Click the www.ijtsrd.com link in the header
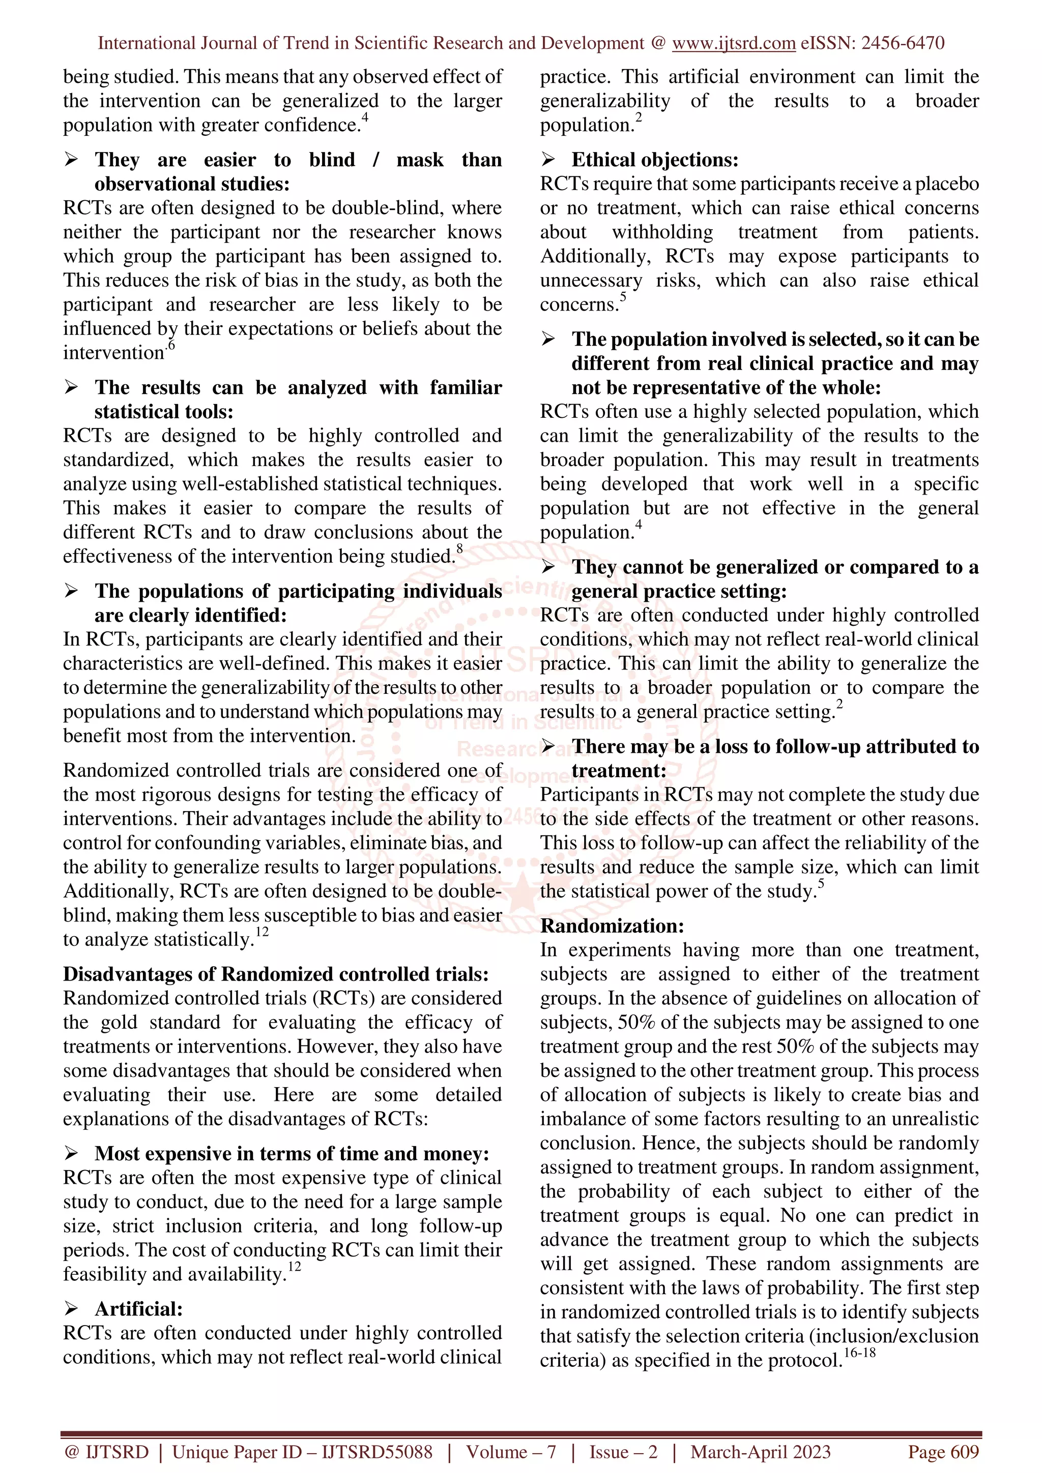pyautogui.click(x=734, y=43)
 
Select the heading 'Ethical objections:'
pyautogui.click(x=655, y=160)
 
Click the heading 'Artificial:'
pyautogui.click(x=139, y=1309)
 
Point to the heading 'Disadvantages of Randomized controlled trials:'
pyautogui.click(x=276, y=974)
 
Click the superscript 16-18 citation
pyautogui.click(x=860, y=1353)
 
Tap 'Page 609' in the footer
pyautogui.click(x=943, y=1453)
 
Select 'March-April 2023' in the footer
pyautogui.click(x=761, y=1453)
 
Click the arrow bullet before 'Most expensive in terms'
pyautogui.click(x=71, y=1153)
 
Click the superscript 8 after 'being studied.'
pyautogui.click(x=459, y=548)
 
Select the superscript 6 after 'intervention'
pyautogui.click(x=171, y=345)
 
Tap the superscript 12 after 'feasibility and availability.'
pyautogui.click(x=294, y=1267)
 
